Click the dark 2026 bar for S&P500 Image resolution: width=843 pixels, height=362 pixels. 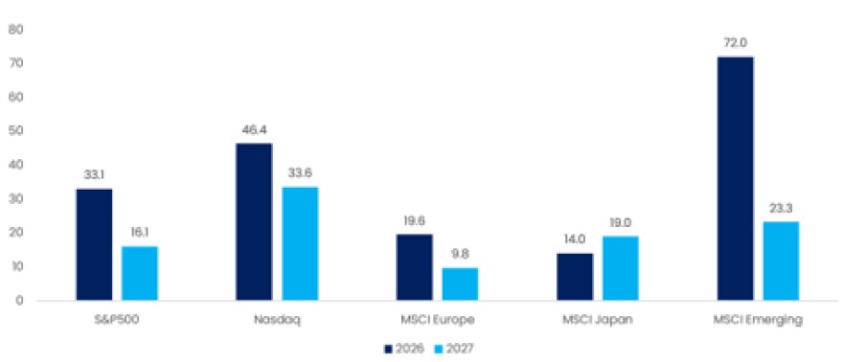point(94,244)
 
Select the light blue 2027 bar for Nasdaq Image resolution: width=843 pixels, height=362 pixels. point(300,243)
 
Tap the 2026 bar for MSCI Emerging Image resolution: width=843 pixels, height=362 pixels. point(736,178)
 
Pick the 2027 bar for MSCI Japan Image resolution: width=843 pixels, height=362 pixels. point(621,268)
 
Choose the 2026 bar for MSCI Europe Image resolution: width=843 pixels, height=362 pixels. point(415,267)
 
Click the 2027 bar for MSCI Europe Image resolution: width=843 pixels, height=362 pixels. point(460,283)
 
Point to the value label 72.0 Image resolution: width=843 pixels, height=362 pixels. point(736,43)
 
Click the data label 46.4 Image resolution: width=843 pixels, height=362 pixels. point(254,130)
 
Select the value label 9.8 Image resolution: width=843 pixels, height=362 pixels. point(460,255)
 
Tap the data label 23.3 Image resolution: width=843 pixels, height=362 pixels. point(781,209)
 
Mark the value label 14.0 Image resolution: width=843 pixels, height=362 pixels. point(575,239)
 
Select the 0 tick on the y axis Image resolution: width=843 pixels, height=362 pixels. point(19,301)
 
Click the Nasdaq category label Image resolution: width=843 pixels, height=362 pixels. point(278,320)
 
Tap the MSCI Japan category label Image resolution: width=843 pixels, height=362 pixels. point(598,320)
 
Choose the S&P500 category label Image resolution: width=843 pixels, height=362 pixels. point(117,320)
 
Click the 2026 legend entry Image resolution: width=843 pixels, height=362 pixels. point(403,349)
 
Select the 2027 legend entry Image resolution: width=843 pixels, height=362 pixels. point(454,349)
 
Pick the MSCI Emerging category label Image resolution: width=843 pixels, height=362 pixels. point(758,321)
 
